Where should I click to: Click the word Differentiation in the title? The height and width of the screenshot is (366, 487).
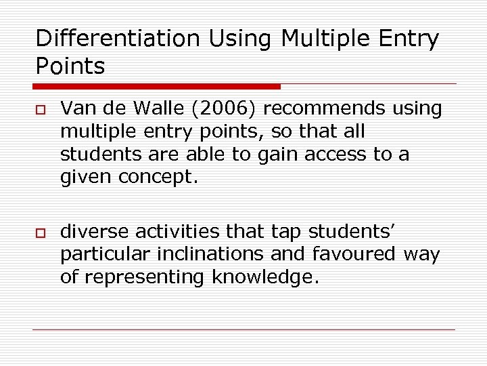click(118, 39)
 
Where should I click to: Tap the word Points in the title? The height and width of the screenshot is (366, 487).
click(70, 66)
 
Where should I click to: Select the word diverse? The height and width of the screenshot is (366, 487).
click(95, 232)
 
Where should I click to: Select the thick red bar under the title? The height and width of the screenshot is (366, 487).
click(157, 86)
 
